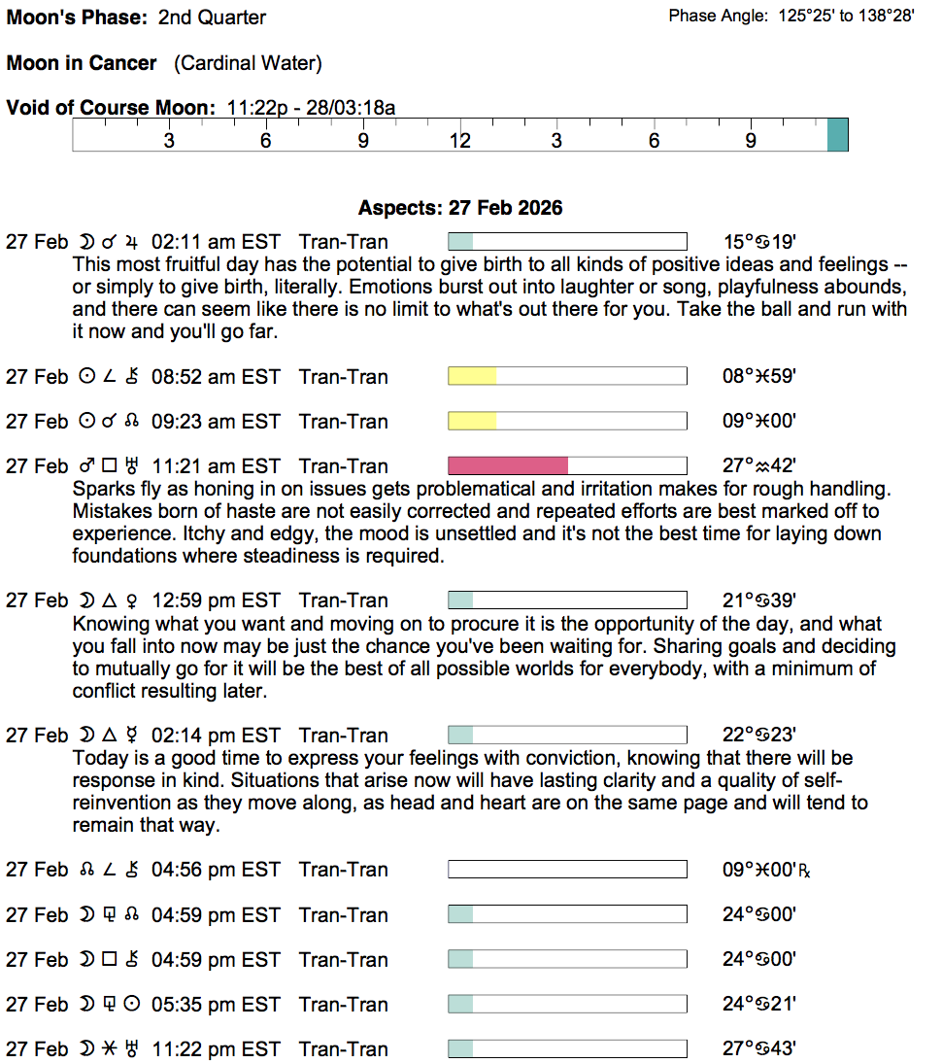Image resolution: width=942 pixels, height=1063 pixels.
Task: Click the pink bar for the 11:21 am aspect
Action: (x=507, y=466)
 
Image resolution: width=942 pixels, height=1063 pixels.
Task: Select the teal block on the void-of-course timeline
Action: (x=837, y=134)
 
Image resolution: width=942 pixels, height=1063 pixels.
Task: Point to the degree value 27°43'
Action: (x=759, y=1049)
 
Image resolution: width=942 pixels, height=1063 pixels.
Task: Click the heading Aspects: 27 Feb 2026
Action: (x=460, y=208)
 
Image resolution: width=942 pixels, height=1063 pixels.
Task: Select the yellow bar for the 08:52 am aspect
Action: (x=472, y=377)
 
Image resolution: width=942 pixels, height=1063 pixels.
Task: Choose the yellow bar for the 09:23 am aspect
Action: (x=472, y=422)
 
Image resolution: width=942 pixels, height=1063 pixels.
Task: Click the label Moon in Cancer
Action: (x=82, y=63)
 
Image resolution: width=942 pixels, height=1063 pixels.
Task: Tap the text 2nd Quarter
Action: (x=212, y=17)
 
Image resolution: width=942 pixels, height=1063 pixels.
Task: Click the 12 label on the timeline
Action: (x=459, y=141)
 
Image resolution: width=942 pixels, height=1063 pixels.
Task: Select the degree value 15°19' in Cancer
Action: (x=759, y=242)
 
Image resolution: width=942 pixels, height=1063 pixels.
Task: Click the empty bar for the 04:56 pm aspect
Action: (x=567, y=870)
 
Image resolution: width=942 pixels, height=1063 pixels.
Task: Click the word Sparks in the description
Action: (x=100, y=489)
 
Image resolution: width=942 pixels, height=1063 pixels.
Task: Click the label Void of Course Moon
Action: (x=111, y=107)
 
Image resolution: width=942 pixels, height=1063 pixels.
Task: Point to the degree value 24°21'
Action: (x=759, y=1005)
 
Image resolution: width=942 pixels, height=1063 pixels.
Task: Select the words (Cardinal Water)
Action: (x=248, y=63)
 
